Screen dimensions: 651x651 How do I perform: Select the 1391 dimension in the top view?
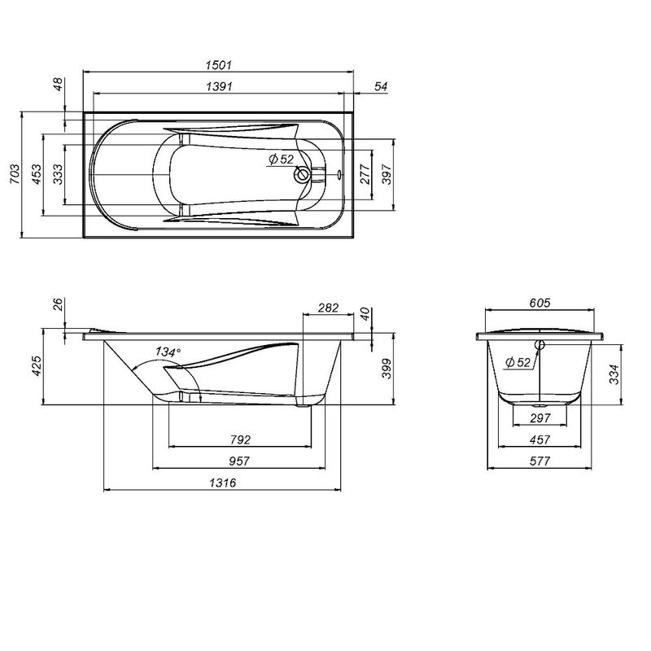(220, 86)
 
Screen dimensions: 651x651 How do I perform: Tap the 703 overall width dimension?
(14, 175)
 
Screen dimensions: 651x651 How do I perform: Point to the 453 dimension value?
(36, 175)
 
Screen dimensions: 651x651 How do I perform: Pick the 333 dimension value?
(58, 175)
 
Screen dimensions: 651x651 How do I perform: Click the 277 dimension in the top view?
(365, 175)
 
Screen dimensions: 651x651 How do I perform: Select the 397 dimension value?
(387, 175)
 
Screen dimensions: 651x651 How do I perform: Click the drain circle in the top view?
(304, 173)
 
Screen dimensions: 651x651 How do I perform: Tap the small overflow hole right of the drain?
(339, 173)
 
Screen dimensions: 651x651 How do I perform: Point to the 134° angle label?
(167, 352)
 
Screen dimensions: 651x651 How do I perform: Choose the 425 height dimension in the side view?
(36, 368)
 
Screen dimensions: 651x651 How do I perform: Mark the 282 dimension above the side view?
(327, 308)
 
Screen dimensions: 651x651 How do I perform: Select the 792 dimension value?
(239, 439)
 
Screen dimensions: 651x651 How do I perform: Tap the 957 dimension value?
(238, 461)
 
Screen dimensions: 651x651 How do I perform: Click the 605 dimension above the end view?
(540, 303)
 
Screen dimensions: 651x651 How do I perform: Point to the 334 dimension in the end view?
(616, 373)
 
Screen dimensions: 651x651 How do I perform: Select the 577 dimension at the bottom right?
(540, 461)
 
